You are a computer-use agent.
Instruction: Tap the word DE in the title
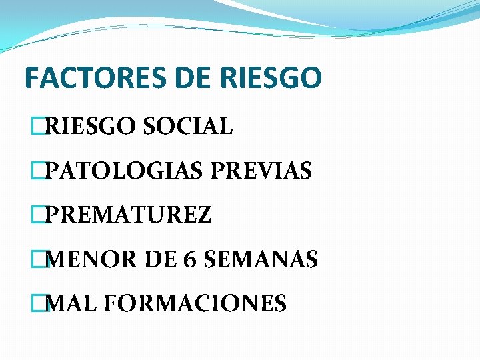192,78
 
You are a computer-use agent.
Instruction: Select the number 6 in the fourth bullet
187,259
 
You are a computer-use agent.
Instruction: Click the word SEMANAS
261,259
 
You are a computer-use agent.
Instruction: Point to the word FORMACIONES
195,303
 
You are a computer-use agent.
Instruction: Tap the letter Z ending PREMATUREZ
204,215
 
